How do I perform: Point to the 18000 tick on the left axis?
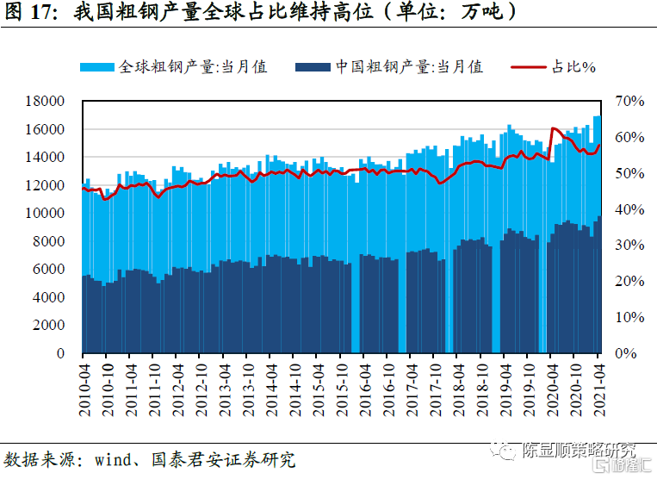[47, 102]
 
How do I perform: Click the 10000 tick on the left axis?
[47, 214]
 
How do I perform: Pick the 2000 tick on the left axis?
[51, 326]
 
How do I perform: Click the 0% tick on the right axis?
[626, 354]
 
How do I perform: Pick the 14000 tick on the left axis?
[47, 158]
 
